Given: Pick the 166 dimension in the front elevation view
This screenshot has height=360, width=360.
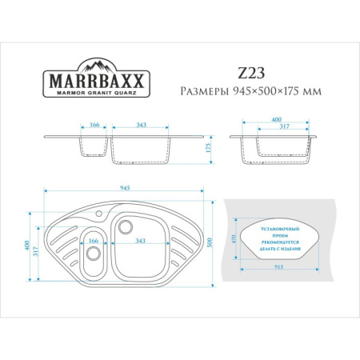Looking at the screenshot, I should tap(95, 125).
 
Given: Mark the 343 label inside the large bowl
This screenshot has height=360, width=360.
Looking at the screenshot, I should tap(140, 241).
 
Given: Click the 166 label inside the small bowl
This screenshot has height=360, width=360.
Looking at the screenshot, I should tap(94, 241).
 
